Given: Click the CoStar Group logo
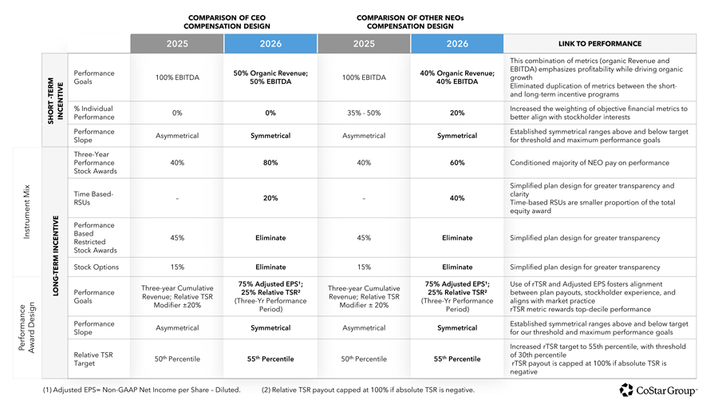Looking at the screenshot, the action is coord(658,390).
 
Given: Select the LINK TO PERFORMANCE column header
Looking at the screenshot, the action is coord(600,44).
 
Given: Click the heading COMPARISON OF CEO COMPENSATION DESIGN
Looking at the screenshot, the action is coord(227,22).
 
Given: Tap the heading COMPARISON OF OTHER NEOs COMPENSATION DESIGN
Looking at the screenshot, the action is coord(410,22).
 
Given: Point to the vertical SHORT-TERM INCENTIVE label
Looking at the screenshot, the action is coord(55,101).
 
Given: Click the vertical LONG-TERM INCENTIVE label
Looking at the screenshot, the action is coord(56,256).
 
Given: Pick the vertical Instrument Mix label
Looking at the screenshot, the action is coord(26,212).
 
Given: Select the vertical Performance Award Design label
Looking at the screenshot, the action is coord(26,327).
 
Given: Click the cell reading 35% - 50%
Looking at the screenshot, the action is coord(364,113).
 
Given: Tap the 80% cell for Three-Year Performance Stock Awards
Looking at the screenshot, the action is coord(270,163).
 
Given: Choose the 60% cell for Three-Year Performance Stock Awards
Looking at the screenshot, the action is coord(457,163).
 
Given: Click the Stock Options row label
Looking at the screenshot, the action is coord(97,267).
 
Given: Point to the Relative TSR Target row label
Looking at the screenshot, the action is coord(93,359).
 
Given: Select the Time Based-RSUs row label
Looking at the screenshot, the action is coord(93,198).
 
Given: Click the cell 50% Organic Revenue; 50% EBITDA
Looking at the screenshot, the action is coord(270,77).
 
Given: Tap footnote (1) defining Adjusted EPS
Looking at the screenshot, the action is coord(142,390).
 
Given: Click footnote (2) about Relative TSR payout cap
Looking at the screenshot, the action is coord(368,390).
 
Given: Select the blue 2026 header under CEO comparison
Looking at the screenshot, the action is coord(270,44).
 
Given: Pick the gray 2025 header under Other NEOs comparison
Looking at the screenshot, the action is coord(364,44).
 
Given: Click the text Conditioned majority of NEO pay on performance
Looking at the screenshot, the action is coord(590,163).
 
